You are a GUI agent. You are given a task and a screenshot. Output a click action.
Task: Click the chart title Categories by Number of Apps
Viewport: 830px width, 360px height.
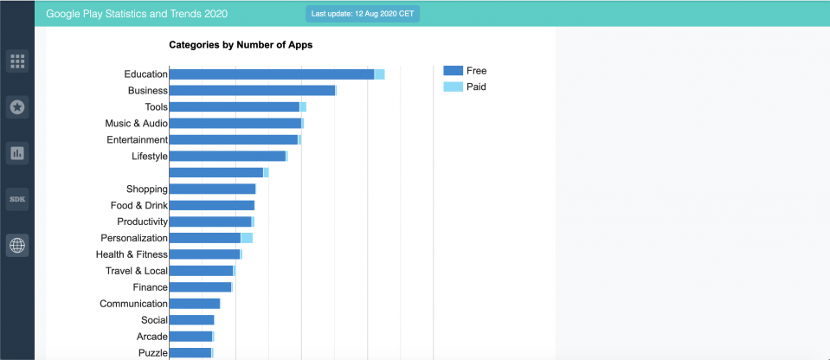click(241, 44)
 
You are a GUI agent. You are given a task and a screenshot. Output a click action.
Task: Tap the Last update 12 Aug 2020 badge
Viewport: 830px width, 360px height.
click(362, 15)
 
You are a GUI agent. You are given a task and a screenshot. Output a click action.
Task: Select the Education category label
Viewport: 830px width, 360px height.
click(145, 74)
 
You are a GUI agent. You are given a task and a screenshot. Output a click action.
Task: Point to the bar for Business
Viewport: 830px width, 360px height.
click(252, 91)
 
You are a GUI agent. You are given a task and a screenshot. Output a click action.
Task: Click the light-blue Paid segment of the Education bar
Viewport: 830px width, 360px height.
click(379, 74)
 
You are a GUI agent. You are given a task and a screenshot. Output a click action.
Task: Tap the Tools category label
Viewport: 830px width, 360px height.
click(156, 107)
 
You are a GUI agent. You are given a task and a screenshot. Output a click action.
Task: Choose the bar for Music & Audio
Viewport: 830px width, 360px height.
click(235, 124)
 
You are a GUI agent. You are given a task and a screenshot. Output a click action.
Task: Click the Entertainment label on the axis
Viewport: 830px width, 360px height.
click(137, 140)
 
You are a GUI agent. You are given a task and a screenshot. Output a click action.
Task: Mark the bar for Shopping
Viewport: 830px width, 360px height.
click(212, 189)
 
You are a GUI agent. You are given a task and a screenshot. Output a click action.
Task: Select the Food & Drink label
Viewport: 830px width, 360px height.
click(138, 205)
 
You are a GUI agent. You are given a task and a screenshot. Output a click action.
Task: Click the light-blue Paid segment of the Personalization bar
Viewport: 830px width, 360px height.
click(247, 238)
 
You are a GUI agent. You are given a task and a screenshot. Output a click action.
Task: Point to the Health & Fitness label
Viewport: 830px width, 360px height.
click(132, 254)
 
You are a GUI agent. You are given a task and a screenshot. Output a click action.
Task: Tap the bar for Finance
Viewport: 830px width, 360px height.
click(200, 287)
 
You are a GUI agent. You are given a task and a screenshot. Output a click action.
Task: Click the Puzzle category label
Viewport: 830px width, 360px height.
click(152, 353)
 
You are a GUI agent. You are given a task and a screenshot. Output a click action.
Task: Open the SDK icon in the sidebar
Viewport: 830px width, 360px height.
click(17, 199)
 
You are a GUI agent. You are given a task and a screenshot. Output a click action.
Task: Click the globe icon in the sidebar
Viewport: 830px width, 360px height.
click(17, 246)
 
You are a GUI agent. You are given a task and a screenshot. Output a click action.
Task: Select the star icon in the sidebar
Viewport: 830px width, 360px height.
click(17, 107)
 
